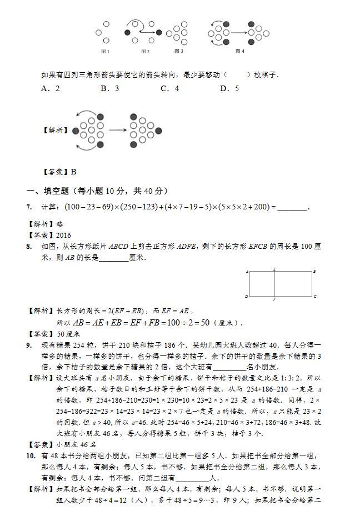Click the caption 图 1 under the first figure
tap(105, 52)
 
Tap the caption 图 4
tap(240, 51)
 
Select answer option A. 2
tap(51, 88)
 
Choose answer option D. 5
tap(229, 88)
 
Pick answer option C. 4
tap(169, 88)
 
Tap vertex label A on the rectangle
tap(246, 272)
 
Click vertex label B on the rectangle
tap(314, 271)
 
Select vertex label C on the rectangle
tap(314, 296)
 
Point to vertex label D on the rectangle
tap(246, 297)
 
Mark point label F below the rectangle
tap(274, 299)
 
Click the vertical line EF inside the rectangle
tap(274, 284)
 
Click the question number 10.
tap(31, 456)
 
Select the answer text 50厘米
tap(69, 334)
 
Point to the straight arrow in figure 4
tap(238, 33)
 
